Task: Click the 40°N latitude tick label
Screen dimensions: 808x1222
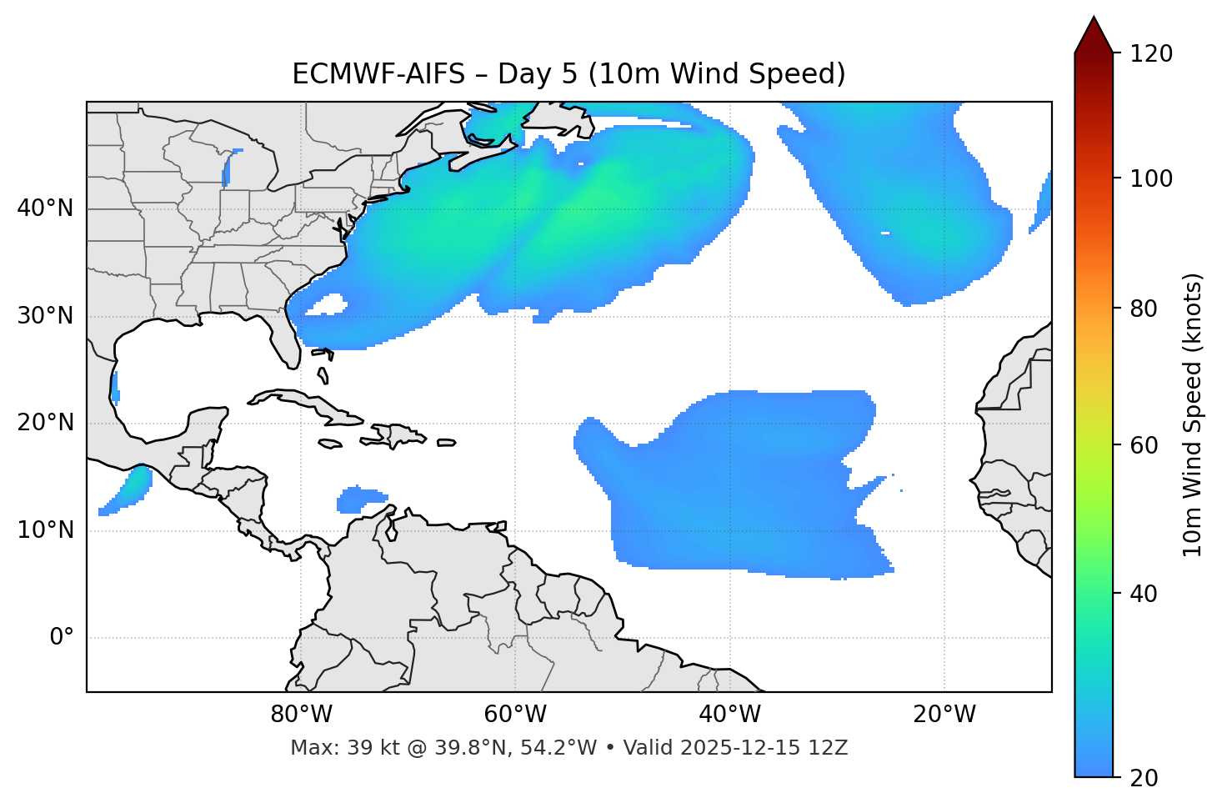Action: click(45, 208)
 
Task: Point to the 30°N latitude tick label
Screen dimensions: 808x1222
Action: click(45, 316)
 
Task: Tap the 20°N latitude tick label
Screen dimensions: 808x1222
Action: click(45, 423)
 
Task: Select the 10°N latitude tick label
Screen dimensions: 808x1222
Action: click(45, 530)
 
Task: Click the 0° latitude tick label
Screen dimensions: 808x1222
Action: click(62, 638)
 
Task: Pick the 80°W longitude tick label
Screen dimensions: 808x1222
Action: click(301, 715)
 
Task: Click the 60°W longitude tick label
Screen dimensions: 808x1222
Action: click(515, 715)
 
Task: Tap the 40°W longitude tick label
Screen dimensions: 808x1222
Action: click(729, 715)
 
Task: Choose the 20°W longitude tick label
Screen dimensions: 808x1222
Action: click(944, 715)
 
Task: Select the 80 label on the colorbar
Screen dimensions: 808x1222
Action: click(1146, 309)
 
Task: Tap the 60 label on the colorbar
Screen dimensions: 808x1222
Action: click(1146, 445)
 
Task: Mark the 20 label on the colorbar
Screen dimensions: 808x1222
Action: click(1146, 778)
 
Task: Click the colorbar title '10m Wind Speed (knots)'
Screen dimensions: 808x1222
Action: click(1193, 415)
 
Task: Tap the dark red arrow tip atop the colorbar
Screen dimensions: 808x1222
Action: click(1094, 35)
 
